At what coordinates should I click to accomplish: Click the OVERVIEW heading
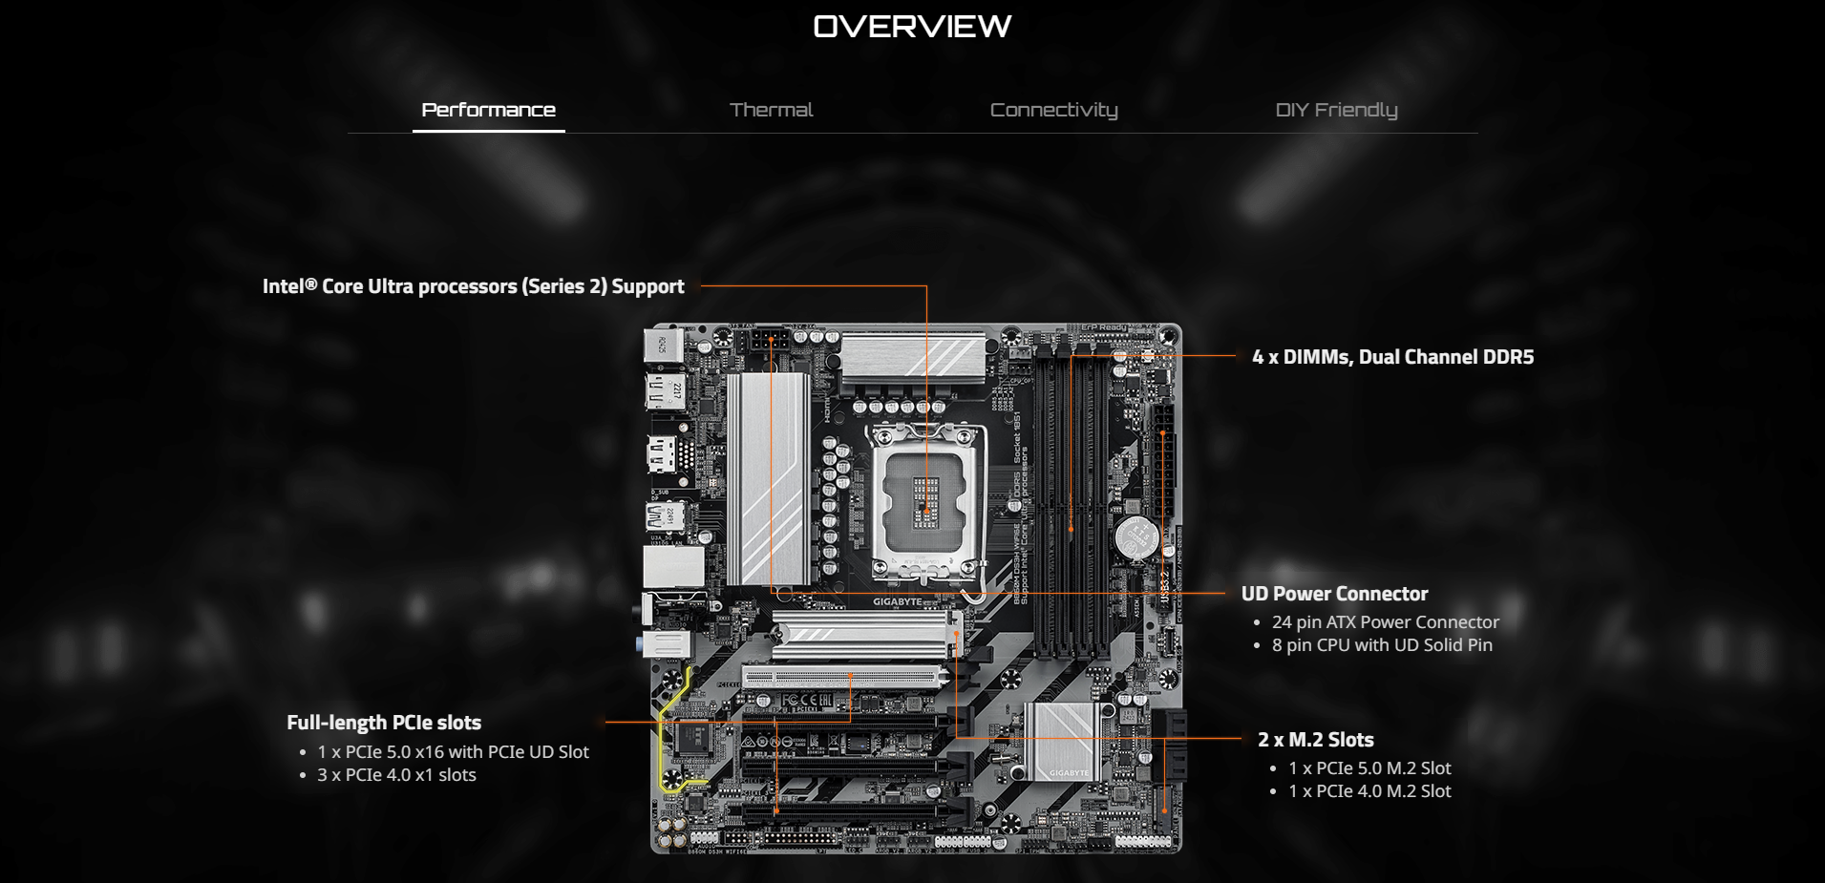912,27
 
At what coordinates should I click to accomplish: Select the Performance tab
488,110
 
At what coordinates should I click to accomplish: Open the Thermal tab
771,110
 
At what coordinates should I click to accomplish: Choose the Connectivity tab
1053,110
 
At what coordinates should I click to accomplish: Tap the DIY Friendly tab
1336,110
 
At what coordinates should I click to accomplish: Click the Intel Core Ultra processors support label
473,286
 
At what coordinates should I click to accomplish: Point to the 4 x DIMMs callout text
1392,357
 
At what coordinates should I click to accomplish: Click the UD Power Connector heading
1334,594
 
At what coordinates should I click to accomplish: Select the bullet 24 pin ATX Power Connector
1385,622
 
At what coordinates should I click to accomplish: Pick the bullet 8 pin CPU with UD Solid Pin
1381,645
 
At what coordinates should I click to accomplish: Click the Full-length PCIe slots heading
384,723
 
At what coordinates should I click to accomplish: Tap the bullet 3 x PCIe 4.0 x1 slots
396,775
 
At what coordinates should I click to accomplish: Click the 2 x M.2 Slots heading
1315,740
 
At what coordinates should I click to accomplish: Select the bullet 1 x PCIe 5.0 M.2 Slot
1369,768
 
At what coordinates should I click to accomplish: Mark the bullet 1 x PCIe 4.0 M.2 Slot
1369,791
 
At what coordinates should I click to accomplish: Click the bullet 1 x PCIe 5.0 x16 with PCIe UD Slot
453,752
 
